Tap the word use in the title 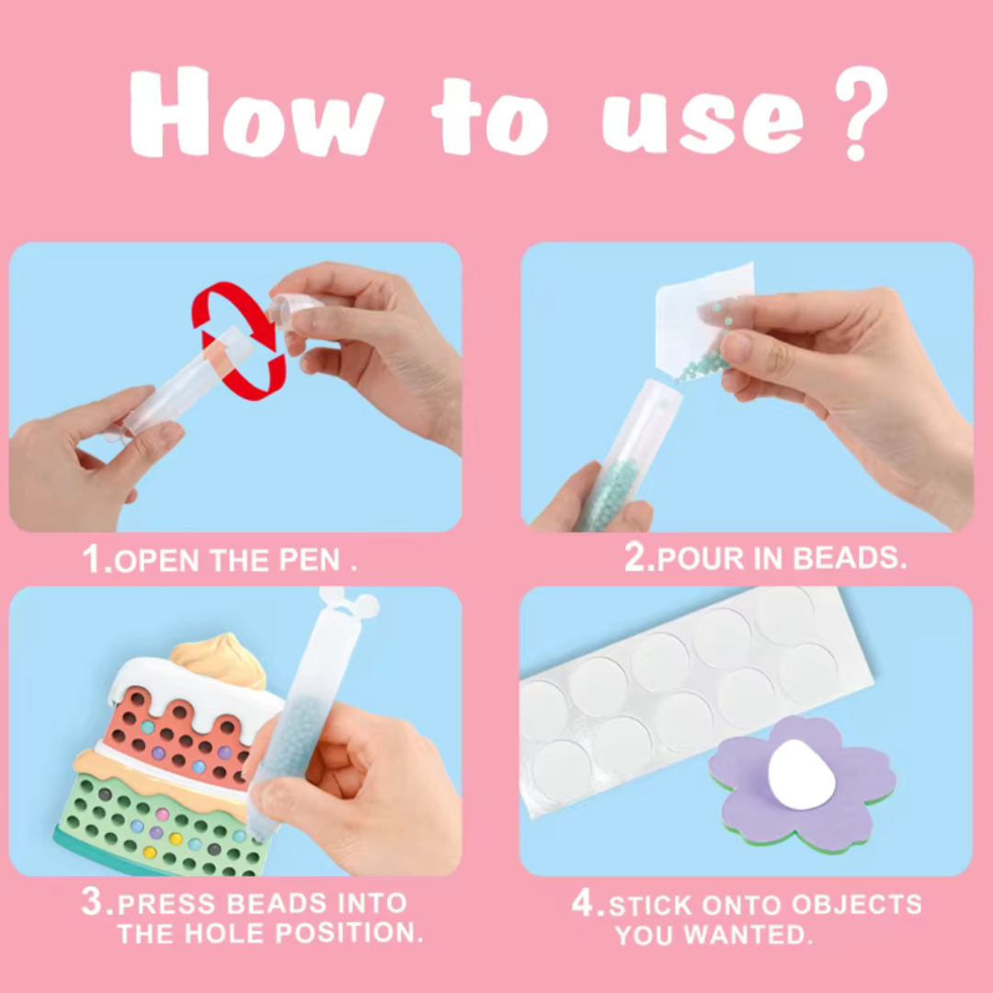click(703, 120)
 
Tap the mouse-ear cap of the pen click(349, 602)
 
